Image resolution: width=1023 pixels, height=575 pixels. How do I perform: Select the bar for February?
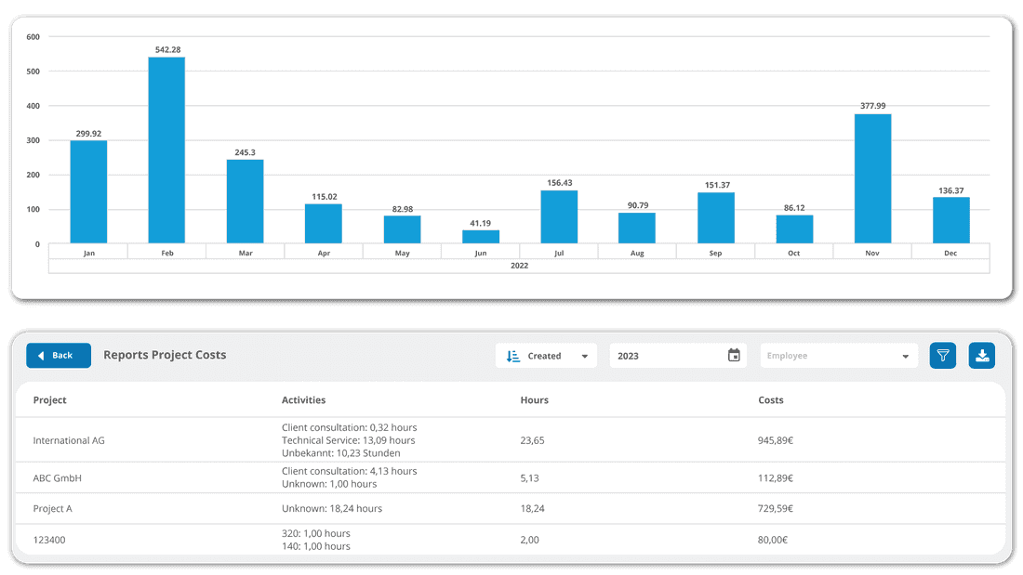coord(166,150)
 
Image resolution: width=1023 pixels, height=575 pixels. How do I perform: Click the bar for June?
coord(481,237)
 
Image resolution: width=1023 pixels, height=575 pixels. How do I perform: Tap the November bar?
coord(872,179)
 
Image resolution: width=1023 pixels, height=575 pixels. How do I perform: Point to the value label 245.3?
coord(245,152)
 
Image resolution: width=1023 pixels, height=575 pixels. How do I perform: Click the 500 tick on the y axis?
coord(33,72)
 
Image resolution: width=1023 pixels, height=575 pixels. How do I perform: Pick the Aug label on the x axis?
coord(637,253)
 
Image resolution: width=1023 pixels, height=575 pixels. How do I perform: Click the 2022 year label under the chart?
coord(519,266)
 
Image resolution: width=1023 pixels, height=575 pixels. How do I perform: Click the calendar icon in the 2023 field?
coord(734,356)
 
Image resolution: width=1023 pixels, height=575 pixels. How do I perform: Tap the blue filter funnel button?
coord(943,356)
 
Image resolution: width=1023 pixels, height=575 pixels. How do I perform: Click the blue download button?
coord(982,356)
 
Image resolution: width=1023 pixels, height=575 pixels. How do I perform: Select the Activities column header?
coord(303,400)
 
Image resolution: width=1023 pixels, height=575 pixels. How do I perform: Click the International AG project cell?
coord(69,440)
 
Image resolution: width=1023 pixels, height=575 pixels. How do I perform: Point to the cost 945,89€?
coord(776,440)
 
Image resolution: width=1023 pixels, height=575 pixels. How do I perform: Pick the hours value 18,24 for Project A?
coord(532,509)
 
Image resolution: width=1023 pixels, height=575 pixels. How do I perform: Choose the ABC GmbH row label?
coord(58,478)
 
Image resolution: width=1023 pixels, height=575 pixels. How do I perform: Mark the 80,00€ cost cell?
coord(773,540)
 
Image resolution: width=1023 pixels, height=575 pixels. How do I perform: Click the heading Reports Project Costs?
coord(165,355)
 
